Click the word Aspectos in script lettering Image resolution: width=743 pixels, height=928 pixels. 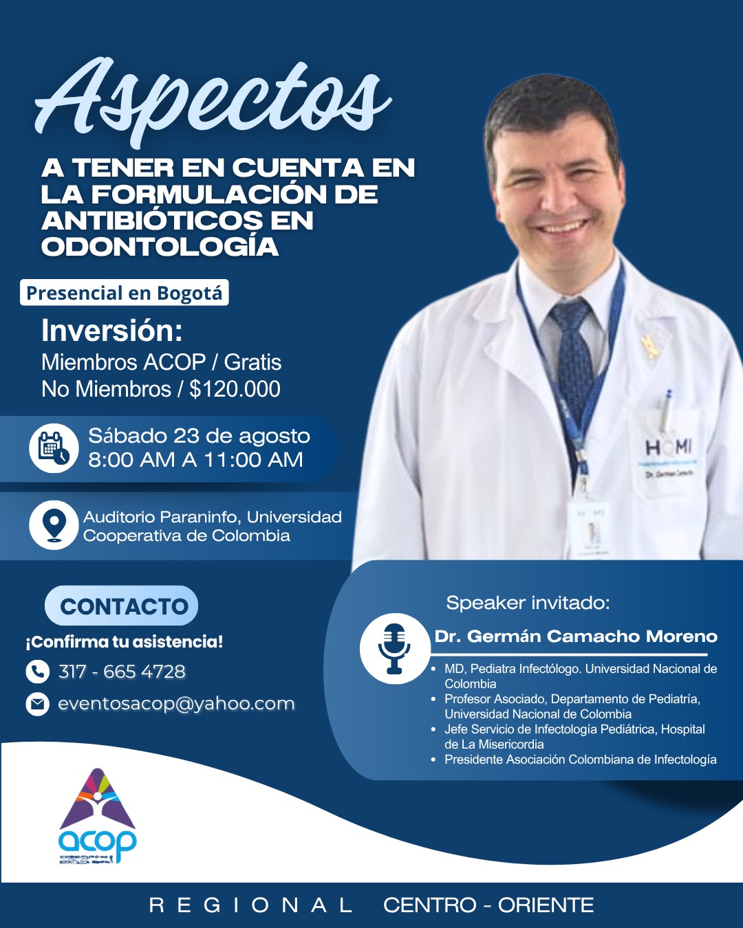(x=213, y=100)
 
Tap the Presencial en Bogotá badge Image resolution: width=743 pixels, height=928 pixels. (x=125, y=293)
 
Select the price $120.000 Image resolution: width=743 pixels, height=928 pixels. (x=235, y=389)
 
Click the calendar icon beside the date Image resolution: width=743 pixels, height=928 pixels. (x=54, y=448)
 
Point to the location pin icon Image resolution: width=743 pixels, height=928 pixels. (x=54, y=526)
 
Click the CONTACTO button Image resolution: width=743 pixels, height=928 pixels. (x=122, y=606)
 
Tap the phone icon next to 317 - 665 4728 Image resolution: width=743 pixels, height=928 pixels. (x=37, y=671)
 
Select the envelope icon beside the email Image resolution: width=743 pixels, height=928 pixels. (x=37, y=704)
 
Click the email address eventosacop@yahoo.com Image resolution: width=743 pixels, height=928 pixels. (x=176, y=704)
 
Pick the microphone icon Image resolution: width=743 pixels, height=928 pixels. (x=394, y=648)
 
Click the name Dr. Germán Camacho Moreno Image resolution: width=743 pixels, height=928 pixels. (x=576, y=637)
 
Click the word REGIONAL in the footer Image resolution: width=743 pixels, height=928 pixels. (x=251, y=905)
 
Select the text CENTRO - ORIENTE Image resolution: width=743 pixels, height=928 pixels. (x=488, y=905)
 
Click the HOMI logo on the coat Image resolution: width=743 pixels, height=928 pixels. (x=667, y=448)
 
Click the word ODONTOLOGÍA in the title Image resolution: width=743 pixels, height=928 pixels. (x=160, y=247)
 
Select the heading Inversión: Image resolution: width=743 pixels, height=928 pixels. (x=112, y=331)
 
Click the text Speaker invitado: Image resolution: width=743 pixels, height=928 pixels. (x=528, y=603)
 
